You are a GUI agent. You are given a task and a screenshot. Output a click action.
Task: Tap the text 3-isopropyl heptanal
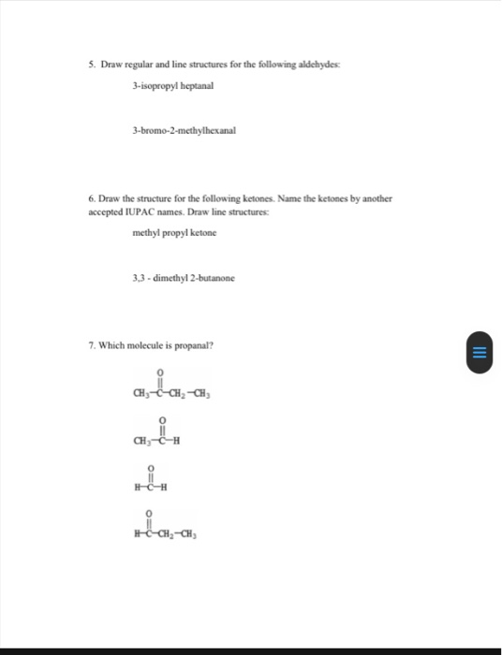[173, 85]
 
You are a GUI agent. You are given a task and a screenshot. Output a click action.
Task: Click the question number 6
[92, 199]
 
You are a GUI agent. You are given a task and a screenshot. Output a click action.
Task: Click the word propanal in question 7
[195, 346]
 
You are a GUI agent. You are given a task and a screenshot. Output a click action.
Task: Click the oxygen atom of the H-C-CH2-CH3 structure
[148, 517]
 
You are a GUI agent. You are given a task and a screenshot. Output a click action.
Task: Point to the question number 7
[92, 346]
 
